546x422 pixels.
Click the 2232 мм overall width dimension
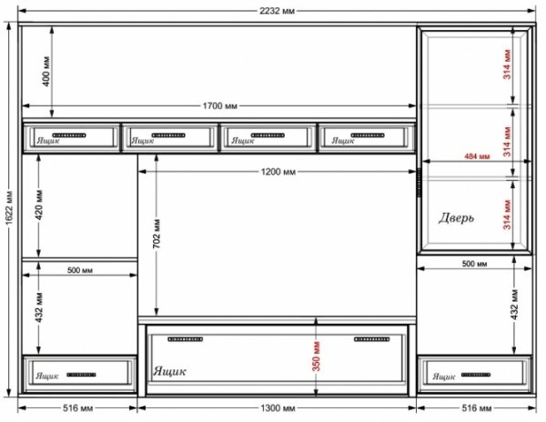pyautogui.click(x=277, y=11)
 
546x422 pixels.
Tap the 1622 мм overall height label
pyautogui.click(x=9, y=207)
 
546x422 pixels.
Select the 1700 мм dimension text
pyautogui.click(x=219, y=105)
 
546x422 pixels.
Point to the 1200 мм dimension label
pyautogui.click(x=278, y=172)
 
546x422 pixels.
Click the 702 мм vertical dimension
pyautogui.click(x=157, y=234)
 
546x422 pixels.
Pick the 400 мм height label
pyautogui.click(x=46, y=71)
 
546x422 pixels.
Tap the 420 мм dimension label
pyautogui.click(x=38, y=205)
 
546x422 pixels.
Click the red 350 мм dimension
pyautogui.click(x=316, y=357)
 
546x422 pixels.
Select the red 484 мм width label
pyautogui.click(x=477, y=156)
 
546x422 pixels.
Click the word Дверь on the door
pyautogui.click(x=456, y=218)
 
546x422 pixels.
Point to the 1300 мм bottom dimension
pyautogui.click(x=278, y=407)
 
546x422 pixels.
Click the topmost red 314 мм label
pyautogui.click(x=507, y=65)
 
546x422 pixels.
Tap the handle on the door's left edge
pyautogui.click(x=419, y=182)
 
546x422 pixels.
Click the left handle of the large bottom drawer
pyautogui.click(x=186, y=339)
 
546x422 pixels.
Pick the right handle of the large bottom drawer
pyautogui.click(x=371, y=339)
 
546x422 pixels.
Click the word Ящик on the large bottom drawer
pyautogui.click(x=169, y=371)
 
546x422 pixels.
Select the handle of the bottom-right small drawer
pyautogui.click(x=476, y=375)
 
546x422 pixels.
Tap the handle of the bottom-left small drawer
pyautogui.click(x=81, y=375)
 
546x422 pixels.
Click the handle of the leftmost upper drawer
pyautogui.click(x=69, y=136)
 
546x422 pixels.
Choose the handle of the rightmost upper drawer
pyautogui.click(x=368, y=136)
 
